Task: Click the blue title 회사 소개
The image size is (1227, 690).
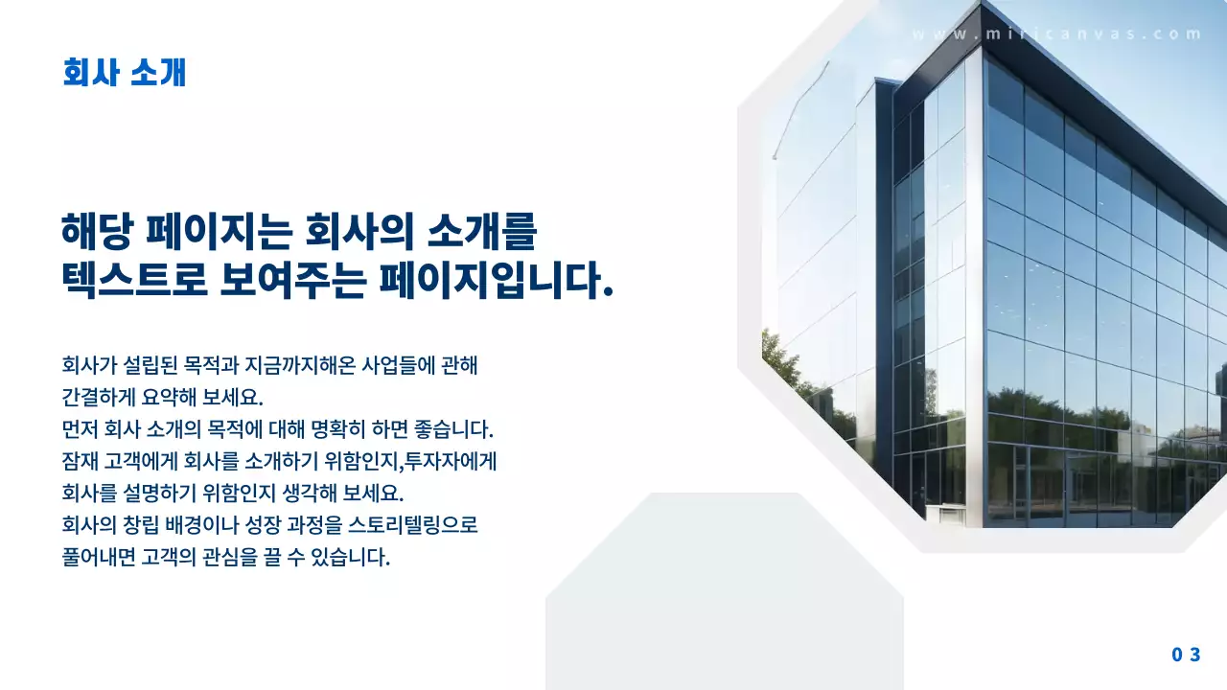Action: pos(124,73)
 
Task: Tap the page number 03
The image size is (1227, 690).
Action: pos(1186,655)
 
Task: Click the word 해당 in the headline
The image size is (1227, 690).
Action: pos(94,233)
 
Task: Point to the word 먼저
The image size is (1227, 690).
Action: pos(80,428)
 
